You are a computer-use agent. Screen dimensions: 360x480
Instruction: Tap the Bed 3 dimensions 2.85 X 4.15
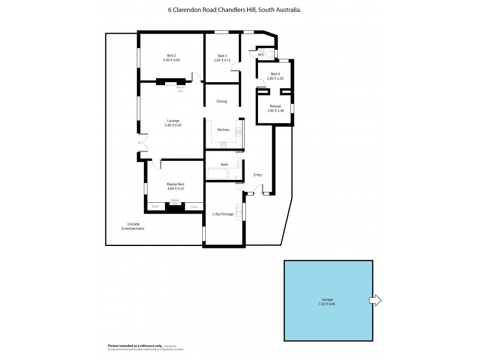point(222,60)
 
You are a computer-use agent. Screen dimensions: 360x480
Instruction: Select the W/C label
point(261,55)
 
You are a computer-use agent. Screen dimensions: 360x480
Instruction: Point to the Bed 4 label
point(275,74)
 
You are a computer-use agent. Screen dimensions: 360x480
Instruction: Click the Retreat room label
point(275,106)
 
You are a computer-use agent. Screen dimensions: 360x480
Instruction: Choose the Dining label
point(222,101)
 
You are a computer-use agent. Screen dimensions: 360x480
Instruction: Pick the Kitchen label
point(223,130)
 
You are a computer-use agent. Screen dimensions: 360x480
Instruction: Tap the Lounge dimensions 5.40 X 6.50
point(173,125)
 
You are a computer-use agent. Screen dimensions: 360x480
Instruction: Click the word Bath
point(224,164)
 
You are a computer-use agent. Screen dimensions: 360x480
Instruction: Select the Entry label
point(258,175)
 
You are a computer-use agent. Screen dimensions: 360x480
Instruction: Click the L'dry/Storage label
point(223,214)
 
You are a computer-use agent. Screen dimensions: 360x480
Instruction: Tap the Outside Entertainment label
point(133,226)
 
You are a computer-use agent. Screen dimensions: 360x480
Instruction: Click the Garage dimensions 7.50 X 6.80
point(328,303)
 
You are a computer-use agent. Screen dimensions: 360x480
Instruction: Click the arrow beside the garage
point(376,300)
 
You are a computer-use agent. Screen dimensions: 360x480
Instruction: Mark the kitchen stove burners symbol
point(225,144)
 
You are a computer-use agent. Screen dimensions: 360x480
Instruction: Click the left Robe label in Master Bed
point(155,206)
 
